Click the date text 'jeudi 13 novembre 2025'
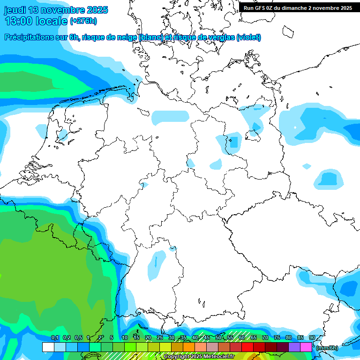click(56, 10)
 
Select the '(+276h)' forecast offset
click(83, 21)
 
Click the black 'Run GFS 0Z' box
click(297, 7)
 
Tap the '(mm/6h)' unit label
click(327, 347)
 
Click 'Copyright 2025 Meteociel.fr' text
click(199, 357)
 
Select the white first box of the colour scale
click(48, 347)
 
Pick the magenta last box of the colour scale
click(306, 347)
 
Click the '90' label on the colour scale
click(312, 337)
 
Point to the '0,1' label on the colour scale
click(54, 337)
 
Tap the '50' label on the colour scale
click(218, 337)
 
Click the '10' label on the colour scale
click(125, 337)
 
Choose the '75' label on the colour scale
click(277, 337)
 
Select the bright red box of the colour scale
click(247, 347)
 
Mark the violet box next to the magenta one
click(294, 347)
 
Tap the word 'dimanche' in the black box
click(301, 7)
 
